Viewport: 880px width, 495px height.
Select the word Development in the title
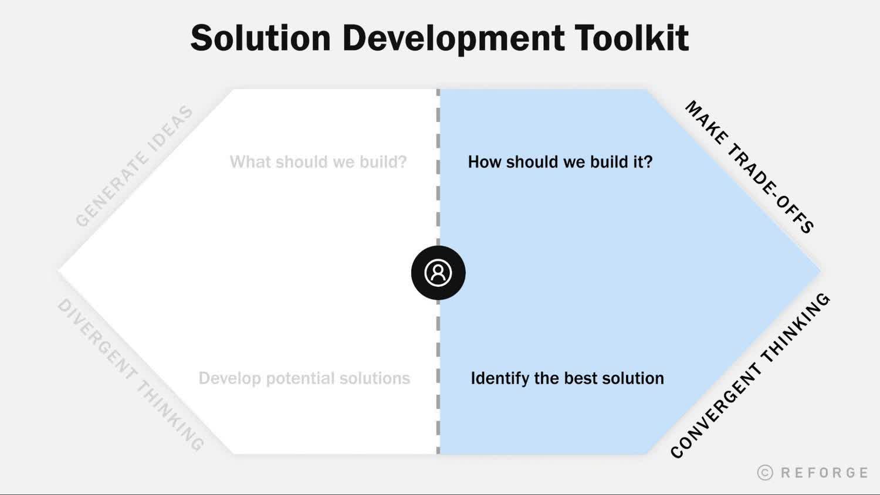452,39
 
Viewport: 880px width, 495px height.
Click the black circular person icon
438,273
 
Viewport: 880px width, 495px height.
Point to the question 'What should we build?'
318,162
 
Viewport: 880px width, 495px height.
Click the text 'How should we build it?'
560,162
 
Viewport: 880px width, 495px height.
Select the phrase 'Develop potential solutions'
304,378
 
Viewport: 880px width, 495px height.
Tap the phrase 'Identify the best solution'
567,378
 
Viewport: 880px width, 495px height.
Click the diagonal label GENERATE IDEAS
134,167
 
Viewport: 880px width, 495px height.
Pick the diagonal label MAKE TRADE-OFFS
749,167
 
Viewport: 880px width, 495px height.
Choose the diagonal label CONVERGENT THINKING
750,375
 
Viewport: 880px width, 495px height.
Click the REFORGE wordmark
824,473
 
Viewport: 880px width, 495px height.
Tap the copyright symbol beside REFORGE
765,473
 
